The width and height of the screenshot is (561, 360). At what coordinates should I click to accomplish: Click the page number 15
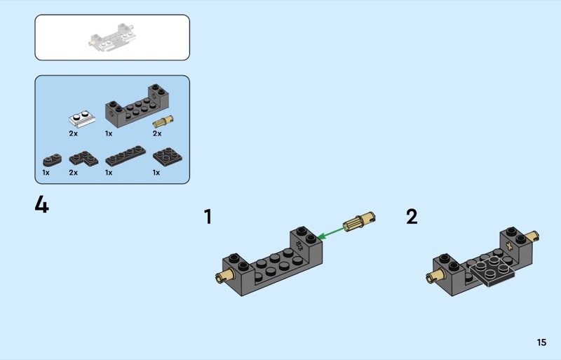click(x=541, y=342)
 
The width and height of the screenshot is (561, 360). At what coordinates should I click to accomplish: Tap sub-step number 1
click(x=208, y=217)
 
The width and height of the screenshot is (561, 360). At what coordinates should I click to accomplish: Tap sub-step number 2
click(x=412, y=217)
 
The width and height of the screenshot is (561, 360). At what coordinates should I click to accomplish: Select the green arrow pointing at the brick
click(x=330, y=232)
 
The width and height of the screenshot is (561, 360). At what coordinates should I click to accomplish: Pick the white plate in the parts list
click(x=82, y=119)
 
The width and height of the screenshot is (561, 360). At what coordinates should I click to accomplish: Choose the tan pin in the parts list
click(x=163, y=122)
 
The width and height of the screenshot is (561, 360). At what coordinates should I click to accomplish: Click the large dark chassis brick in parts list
click(x=137, y=105)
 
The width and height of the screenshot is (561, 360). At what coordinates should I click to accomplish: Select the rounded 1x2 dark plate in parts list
click(x=52, y=160)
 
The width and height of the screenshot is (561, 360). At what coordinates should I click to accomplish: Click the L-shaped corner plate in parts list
click(x=83, y=159)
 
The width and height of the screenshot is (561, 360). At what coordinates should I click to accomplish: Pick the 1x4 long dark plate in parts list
click(x=126, y=156)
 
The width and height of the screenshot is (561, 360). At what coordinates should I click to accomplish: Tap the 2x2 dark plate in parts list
click(x=168, y=156)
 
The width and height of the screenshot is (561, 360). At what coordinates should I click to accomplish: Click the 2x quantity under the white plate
click(x=74, y=133)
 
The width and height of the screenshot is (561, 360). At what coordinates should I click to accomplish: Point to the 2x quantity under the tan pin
click(x=157, y=133)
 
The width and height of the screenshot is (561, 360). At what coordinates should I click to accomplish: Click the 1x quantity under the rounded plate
click(x=46, y=173)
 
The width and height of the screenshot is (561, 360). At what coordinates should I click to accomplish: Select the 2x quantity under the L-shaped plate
click(x=74, y=173)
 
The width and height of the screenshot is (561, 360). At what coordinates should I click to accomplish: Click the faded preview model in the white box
click(x=111, y=38)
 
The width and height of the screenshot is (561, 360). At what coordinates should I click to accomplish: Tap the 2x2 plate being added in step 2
click(x=492, y=271)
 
